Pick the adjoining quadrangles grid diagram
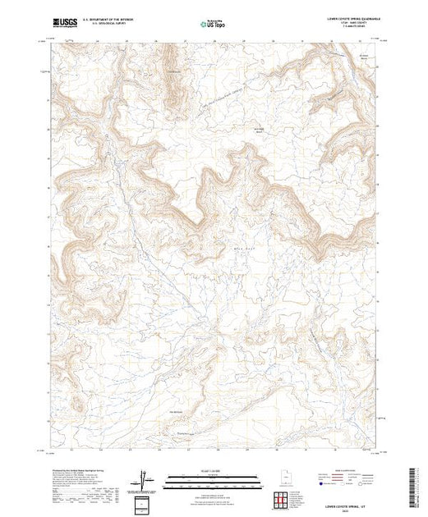(283, 501)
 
